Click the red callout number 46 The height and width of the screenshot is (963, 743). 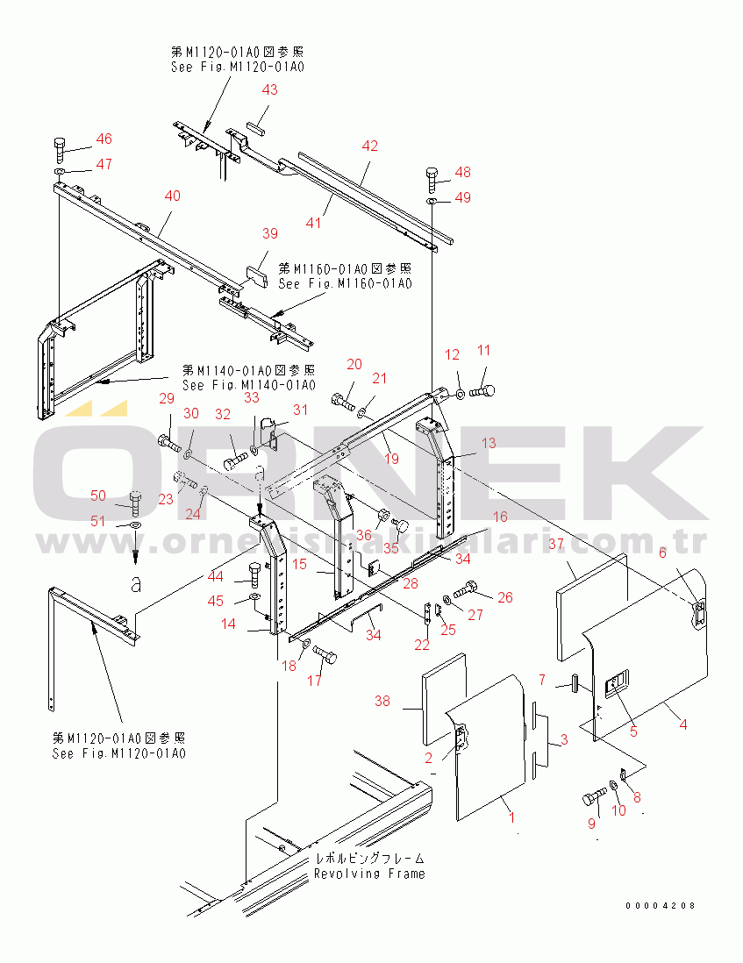pyautogui.click(x=104, y=139)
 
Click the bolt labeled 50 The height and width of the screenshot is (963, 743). pyautogui.click(x=134, y=502)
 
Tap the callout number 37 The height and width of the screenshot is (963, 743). pyautogui.click(x=556, y=545)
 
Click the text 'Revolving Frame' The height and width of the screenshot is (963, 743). pyautogui.click(x=369, y=874)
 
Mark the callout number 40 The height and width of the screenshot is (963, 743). pyautogui.click(x=173, y=196)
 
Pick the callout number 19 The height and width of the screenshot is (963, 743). pyautogui.click(x=390, y=458)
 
